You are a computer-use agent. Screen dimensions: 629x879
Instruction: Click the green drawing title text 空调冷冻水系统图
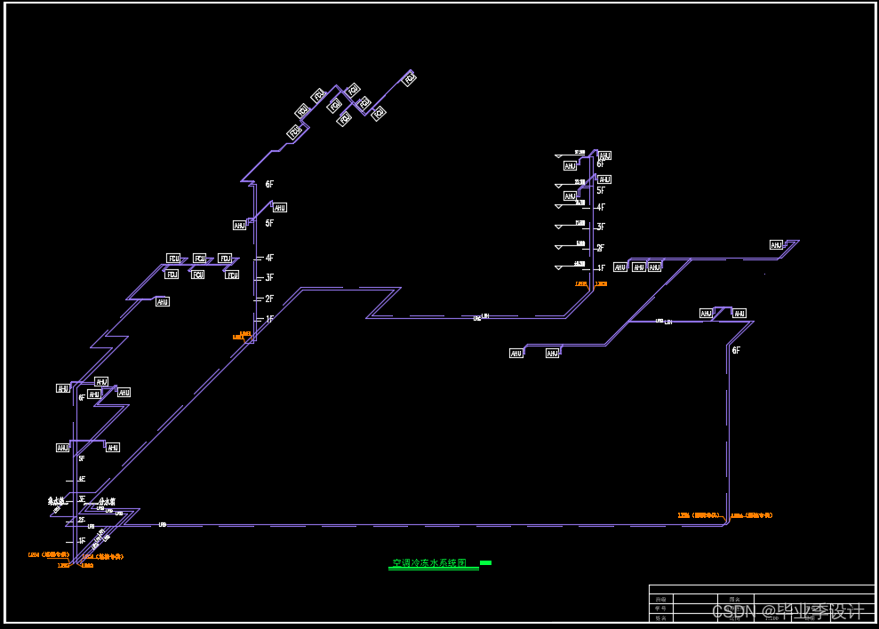pos(429,563)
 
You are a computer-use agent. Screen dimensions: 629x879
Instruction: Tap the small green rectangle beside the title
pos(485,562)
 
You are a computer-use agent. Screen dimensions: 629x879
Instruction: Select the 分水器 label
pos(108,502)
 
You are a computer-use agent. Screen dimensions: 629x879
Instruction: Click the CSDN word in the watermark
pos(733,611)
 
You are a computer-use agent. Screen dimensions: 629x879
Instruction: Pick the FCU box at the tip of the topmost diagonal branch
pos(410,79)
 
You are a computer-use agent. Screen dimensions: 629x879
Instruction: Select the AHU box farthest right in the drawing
pos(777,245)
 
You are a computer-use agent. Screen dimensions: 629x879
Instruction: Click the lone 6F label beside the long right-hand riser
pos(736,351)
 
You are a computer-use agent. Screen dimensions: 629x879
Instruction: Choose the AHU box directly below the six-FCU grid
pos(163,302)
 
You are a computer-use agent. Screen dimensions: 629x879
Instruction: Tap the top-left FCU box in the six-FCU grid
pos(173,259)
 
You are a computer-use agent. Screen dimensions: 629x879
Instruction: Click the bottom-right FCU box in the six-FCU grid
pos(232,275)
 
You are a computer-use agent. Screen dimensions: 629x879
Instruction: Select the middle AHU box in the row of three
pos(639,267)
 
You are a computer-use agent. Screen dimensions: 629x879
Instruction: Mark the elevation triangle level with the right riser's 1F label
pos(559,267)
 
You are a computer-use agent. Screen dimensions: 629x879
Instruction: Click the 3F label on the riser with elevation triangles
pos(601,227)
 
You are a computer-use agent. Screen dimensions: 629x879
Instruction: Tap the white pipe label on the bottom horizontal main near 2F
pos(163,525)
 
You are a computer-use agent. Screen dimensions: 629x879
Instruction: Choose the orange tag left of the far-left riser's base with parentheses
pos(44,555)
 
